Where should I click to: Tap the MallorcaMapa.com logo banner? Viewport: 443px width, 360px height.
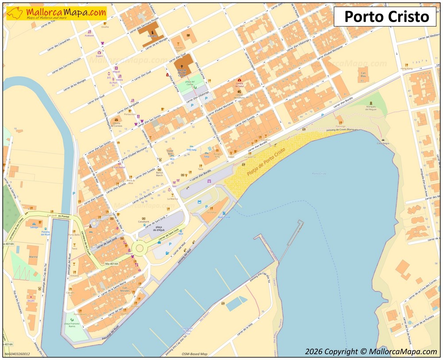pyautogui.click(x=56, y=13)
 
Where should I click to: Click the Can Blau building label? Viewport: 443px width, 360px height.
pyautogui.click(x=363, y=74)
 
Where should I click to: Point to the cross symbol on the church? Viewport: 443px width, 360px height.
pyautogui.click(x=182, y=65)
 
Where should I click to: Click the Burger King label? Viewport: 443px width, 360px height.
pyautogui.click(x=217, y=155)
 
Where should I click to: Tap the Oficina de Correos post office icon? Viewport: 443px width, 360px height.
pyautogui.click(x=117, y=120)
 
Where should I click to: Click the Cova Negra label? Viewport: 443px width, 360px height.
pyautogui.click(x=383, y=143)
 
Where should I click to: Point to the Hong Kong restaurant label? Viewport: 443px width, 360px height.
pyautogui.click(x=406, y=69)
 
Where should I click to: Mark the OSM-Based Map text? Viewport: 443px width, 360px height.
pyautogui.click(x=194, y=354)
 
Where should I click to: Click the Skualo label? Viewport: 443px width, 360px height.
pyautogui.click(x=31, y=300)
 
